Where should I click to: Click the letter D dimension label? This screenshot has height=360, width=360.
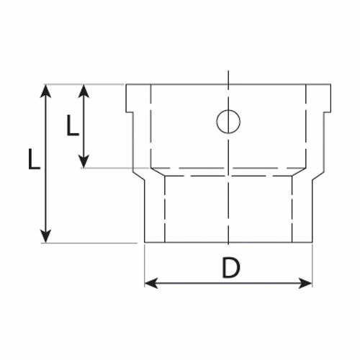(x=230, y=267)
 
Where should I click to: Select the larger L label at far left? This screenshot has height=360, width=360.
(x=34, y=159)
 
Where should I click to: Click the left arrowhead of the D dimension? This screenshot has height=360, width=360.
(x=152, y=283)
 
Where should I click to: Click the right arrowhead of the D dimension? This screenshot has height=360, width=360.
(x=305, y=283)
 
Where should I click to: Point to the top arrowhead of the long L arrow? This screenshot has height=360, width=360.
(x=46, y=91)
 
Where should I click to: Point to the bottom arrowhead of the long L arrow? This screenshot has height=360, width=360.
(x=46, y=236)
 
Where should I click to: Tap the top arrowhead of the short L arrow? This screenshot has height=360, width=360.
(x=84, y=91)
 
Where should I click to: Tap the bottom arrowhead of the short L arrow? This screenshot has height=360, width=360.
(x=84, y=161)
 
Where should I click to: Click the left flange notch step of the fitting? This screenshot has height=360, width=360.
(x=130, y=112)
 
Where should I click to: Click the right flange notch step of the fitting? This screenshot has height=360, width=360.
(x=328, y=112)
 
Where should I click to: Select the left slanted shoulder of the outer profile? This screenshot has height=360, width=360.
(x=139, y=176)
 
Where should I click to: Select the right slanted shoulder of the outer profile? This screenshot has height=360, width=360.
(x=318, y=176)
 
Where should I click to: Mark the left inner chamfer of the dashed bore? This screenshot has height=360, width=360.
(x=158, y=172)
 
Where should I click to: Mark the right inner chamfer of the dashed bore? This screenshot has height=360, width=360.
(x=300, y=172)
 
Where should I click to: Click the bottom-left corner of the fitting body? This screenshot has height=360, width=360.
(x=145, y=243)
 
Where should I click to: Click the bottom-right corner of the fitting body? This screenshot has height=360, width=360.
(x=312, y=243)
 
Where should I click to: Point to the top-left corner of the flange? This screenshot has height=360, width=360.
(x=126, y=84)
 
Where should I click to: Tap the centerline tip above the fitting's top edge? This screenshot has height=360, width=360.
(x=228, y=71)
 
